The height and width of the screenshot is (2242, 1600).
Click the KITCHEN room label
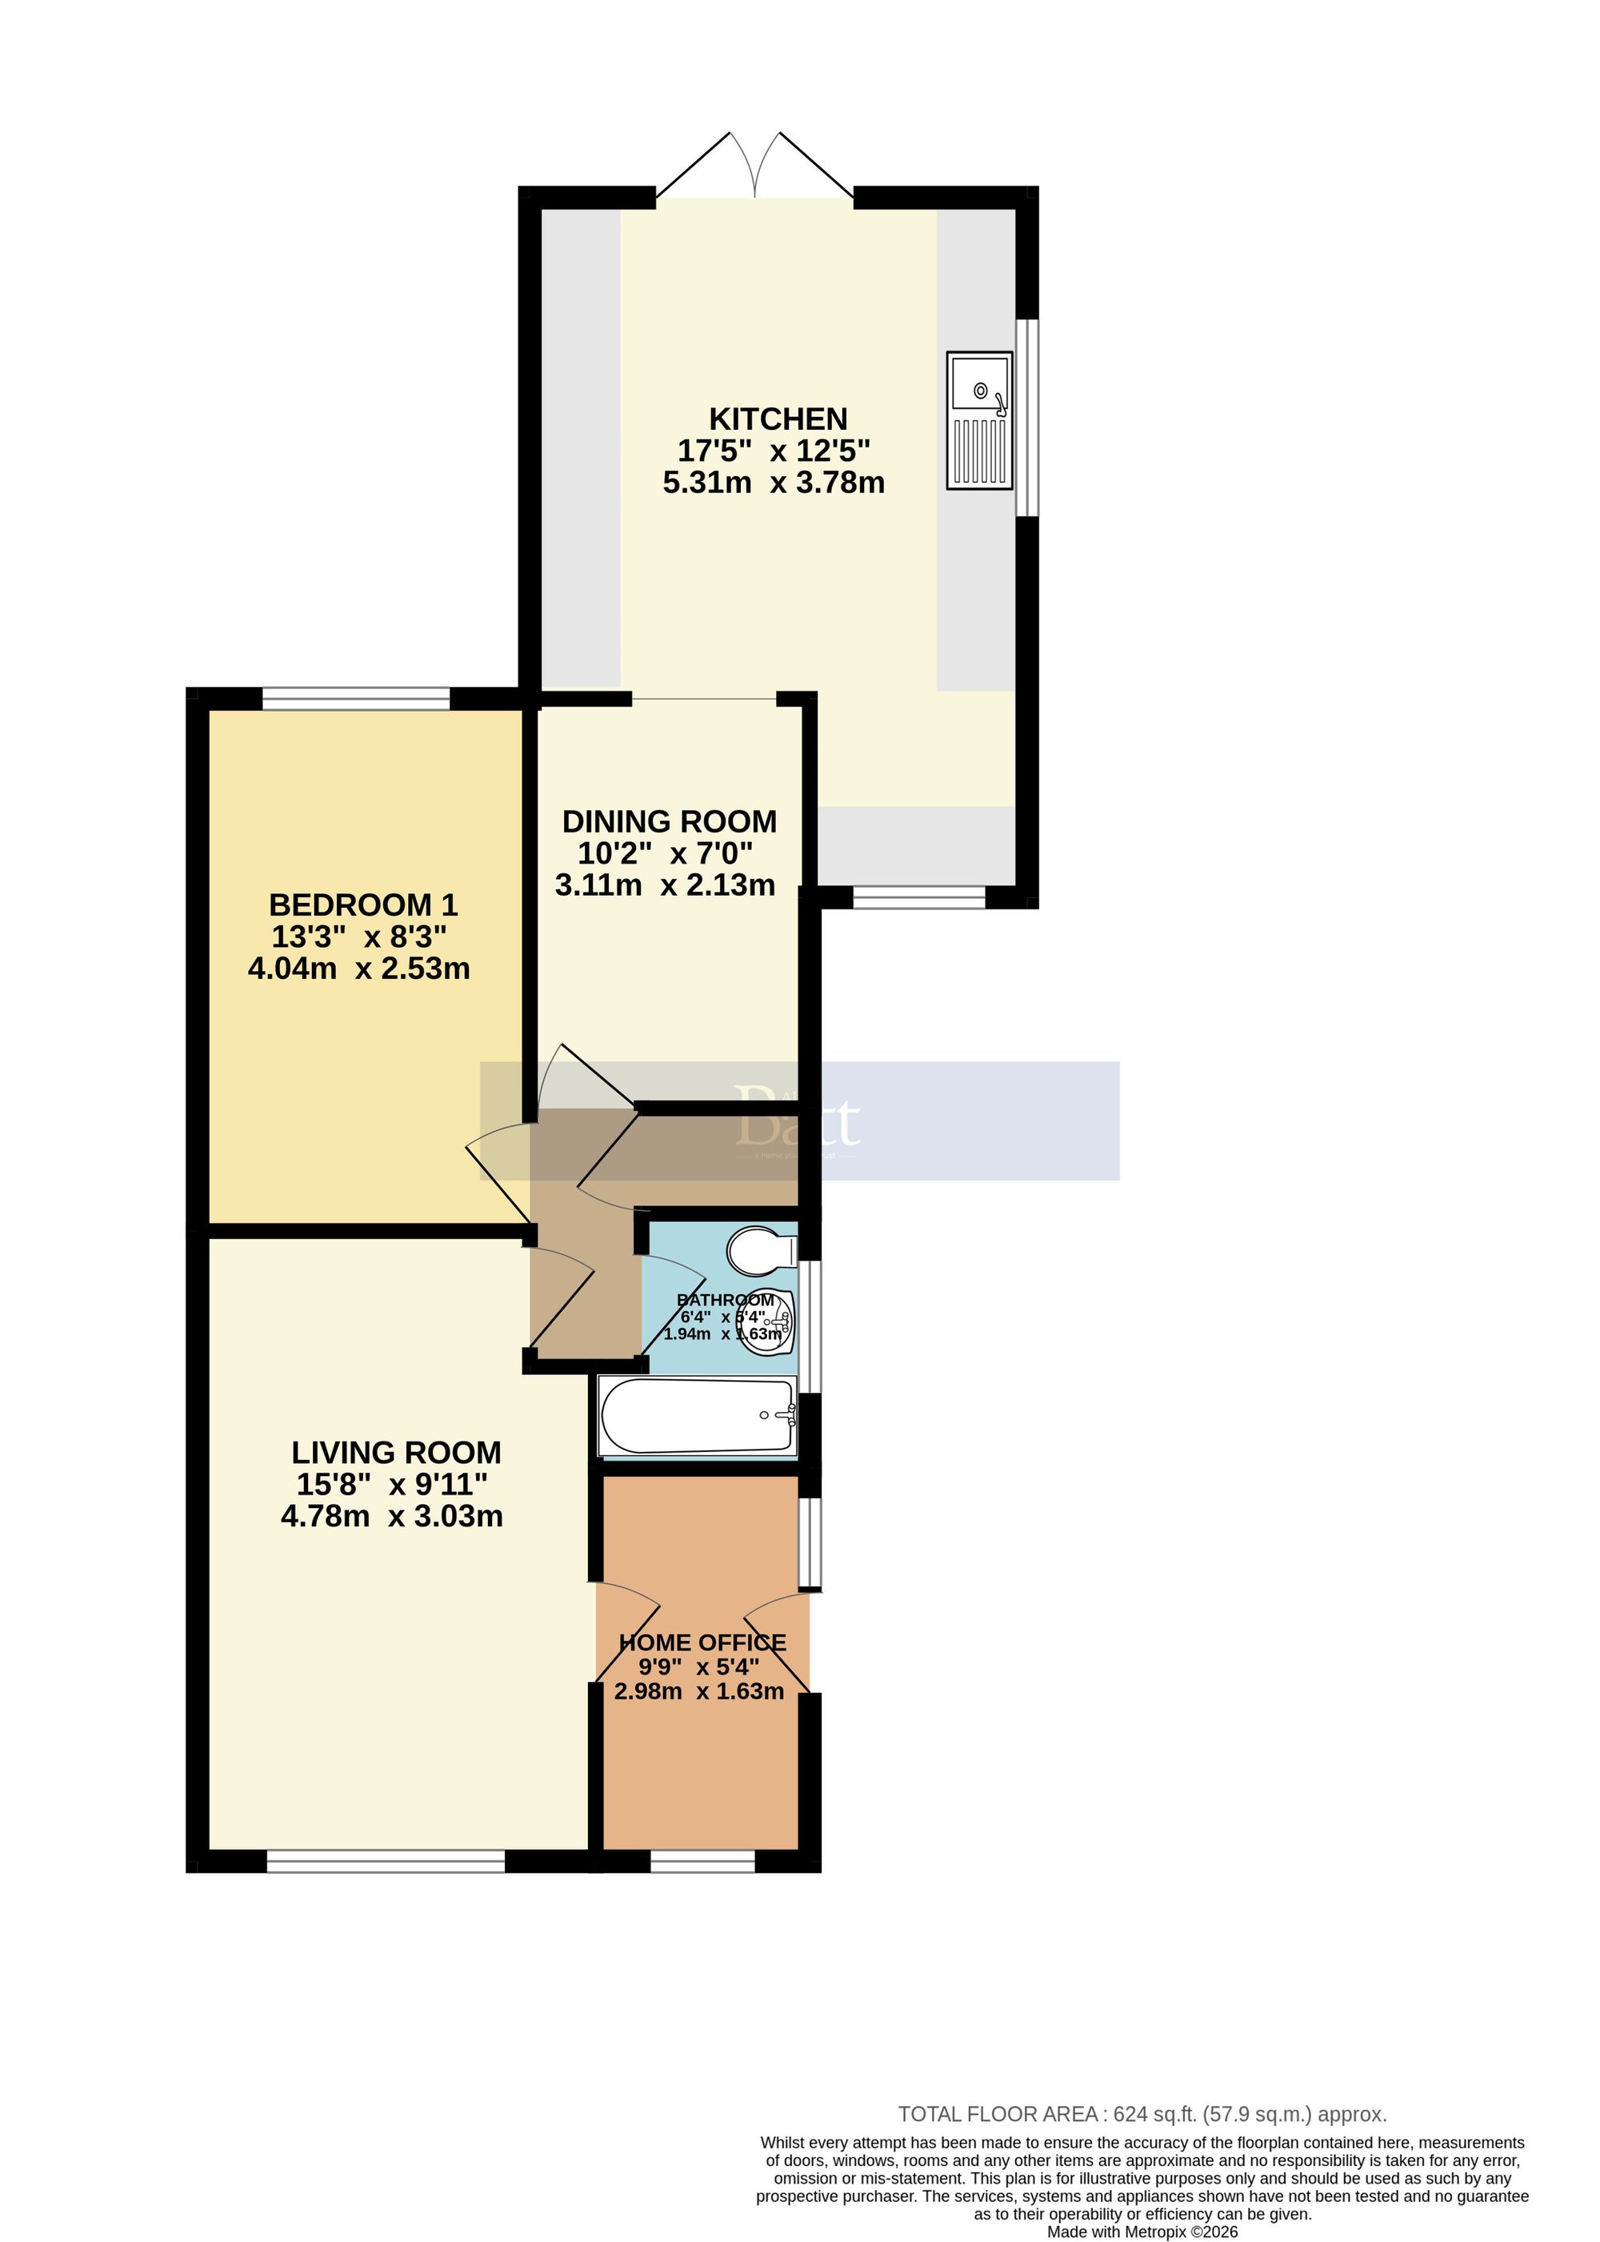[x=778, y=419]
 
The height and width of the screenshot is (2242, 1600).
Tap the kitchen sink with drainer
[x=979, y=421]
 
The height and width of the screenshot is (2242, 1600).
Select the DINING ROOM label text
[x=669, y=821]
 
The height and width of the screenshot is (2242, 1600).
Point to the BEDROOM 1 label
[x=363, y=904]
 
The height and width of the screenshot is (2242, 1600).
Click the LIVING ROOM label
[x=396, y=1452]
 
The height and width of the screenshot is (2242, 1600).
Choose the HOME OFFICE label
[x=702, y=1642]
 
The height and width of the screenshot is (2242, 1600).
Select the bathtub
[x=698, y=1415]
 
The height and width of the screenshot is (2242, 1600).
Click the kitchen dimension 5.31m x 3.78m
[x=774, y=483]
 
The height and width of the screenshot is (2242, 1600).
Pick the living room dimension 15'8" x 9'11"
[x=392, y=1484]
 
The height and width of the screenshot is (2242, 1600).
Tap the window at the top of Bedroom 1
[x=357, y=700]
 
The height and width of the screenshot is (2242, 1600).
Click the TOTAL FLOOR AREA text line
[x=1142, y=2114]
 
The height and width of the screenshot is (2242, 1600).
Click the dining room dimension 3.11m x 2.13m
[x=665, y=885]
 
